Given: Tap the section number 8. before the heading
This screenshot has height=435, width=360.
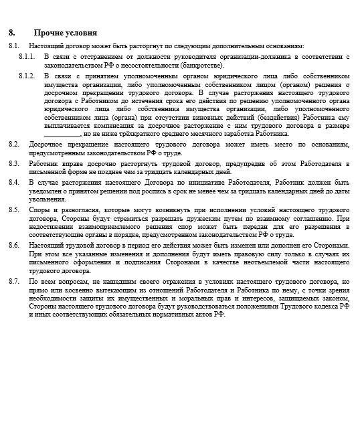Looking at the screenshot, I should [x=12, y=33].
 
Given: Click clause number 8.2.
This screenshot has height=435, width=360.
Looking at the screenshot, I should [x=14, y=144].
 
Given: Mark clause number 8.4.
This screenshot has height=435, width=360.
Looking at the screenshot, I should [x=14, y=182].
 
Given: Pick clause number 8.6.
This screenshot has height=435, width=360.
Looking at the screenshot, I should [x=14, y=246].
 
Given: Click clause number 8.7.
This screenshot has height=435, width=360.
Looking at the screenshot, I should [x=14, y=282].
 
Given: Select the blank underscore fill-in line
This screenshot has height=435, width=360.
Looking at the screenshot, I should [x=62, y=134].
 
